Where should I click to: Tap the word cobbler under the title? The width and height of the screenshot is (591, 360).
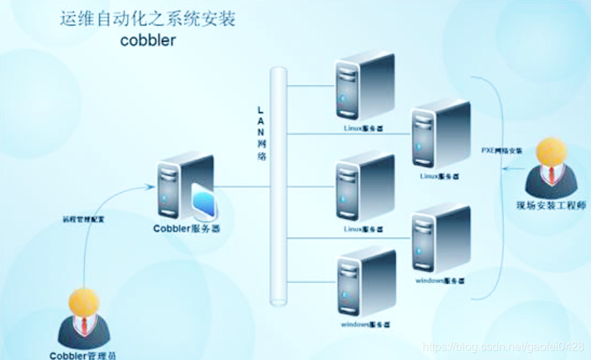[x=147, y=40]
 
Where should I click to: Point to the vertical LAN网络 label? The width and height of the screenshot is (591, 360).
[x=261, y=132]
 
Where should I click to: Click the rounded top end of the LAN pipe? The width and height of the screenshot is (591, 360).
[x=278, y=73]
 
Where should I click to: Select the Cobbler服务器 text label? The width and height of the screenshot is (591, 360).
[x=186, y=229]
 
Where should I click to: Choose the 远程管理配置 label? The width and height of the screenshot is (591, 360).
[x=84, y=219]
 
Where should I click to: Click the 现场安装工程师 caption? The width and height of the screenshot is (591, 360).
[x=551, y=207]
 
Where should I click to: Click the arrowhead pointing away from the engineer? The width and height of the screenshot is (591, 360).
[x=507, y=170]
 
